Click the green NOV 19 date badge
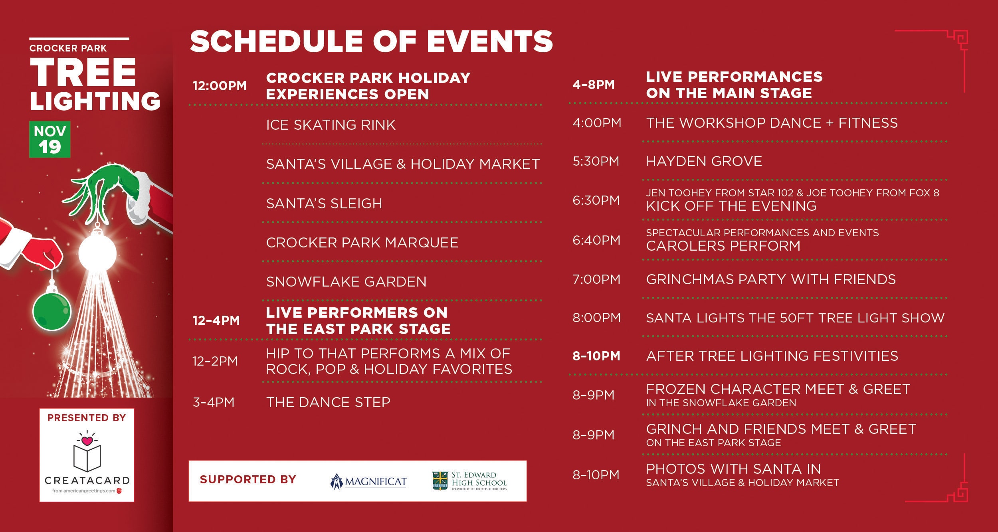(50, 139)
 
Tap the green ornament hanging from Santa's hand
(51, 311)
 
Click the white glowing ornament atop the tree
(97, 252)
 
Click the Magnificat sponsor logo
(368, 482)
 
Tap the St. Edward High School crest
(440, 481)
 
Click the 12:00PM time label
(220, 86)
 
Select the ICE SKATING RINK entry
(331, 125)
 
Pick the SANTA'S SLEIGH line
(324, 204)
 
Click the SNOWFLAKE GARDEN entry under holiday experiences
(346, 282)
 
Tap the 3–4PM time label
(214, 402)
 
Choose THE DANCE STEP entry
(328, 402)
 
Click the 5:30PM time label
(596, 161)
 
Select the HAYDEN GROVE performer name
(704, 161)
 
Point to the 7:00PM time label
(596, 279)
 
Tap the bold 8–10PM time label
(596, 356)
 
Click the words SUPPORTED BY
(248, 479)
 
